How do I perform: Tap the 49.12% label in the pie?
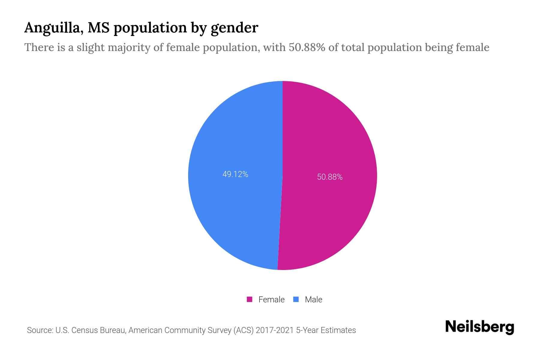pos(235,174)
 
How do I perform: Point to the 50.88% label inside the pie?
pos(330,177)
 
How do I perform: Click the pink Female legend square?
pos(249,299)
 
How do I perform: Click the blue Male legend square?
pos(296,299)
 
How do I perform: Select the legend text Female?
pos(271,299)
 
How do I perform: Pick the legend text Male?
pos(313,299)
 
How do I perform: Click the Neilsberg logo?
pos(479,327)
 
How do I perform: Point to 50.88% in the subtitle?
pos(307,47)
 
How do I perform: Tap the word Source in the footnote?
pos(39,330)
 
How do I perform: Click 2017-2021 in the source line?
pos(274,330)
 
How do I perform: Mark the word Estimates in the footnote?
pos(338,330)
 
